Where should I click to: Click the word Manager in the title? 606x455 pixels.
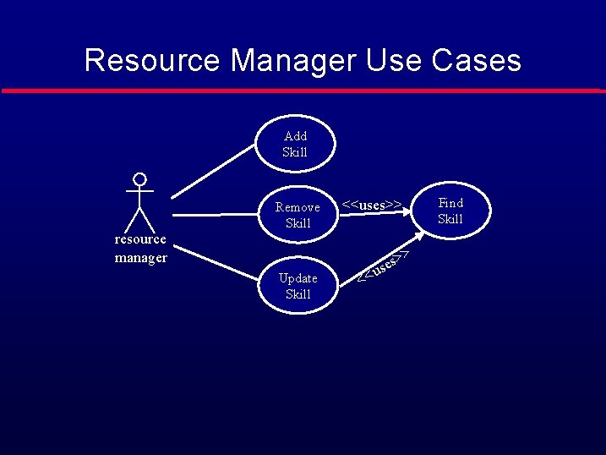(x=293, y=60)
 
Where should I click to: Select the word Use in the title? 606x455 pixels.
(x=393, y=60)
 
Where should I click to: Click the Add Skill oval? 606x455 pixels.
(x=296, y=144)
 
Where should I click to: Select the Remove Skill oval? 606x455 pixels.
(x=298, y=215)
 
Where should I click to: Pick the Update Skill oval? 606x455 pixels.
(x=298, y=286)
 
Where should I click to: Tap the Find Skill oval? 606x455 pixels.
(x=450, y=211)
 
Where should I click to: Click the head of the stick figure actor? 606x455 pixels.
(x=140, y=179)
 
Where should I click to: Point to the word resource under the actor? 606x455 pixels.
(x=140, y=239)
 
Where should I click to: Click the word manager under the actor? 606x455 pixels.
(x=140, y=258)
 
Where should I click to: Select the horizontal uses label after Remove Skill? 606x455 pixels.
(x=371, y=205)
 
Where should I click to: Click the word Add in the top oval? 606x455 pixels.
(x=296, y=136)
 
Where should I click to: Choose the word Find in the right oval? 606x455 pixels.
(x=450, y=203)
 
